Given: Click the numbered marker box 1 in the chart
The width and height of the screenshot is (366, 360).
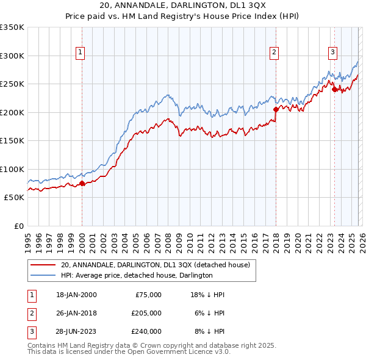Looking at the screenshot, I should pyautogui.click(x=81, y=52).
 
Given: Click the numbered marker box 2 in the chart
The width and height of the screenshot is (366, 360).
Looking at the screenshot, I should pyautogui.click(x=274, y=52).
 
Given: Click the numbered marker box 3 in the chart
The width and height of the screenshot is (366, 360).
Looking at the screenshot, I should pyautogui.click(x=332, y=52).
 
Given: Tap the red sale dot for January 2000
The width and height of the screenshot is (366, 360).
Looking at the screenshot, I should pyautogui.click(x=82, y=183).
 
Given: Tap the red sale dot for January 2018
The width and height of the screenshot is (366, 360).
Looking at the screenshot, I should pyautogui.click(x=276, y=110).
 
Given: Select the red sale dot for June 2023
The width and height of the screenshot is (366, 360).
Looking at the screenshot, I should pyautogui.click(x=334, y=90).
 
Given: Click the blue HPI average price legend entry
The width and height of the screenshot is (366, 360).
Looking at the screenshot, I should pyautogui.click(x=137, y=276).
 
